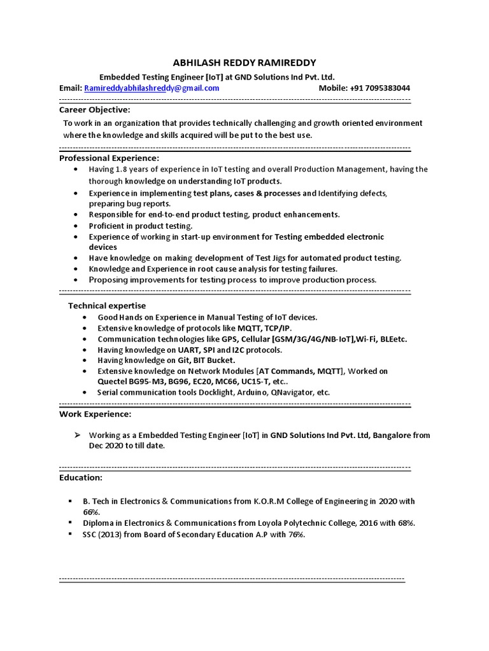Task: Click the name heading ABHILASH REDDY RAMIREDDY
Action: coord(244,62)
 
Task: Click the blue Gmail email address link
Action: coord(152,88)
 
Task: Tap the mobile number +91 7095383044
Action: coord(364,88)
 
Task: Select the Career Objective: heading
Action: coord(94,110)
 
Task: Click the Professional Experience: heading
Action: coord(109,158)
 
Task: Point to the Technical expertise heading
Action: coord(107,306)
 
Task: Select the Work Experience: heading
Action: coord(96,414)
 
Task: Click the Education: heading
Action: coord(80,477)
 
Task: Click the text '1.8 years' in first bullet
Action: coord(132,170)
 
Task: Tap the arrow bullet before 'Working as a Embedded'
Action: coord(76,435)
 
